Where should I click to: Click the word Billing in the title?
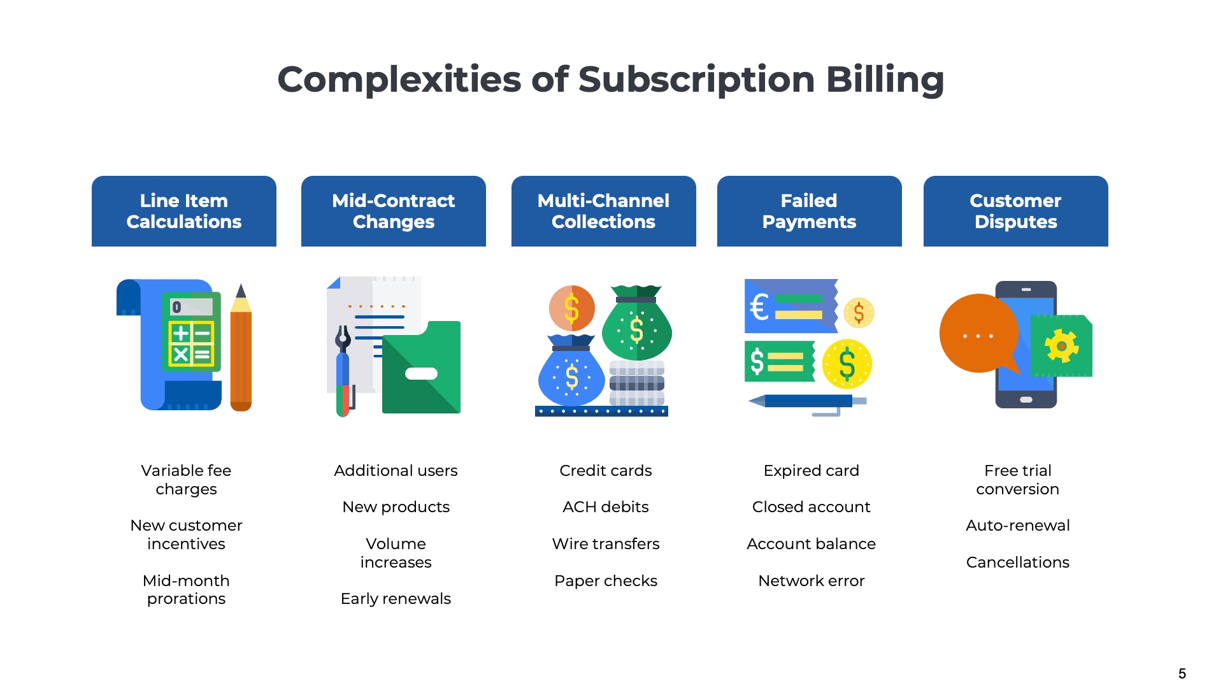884,80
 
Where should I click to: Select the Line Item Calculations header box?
184,211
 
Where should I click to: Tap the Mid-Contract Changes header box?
393,211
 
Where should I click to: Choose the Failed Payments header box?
809,211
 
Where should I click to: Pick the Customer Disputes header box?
1015,211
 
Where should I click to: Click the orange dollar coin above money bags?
572,308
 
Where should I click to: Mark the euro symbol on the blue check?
759,306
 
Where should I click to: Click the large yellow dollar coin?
847,364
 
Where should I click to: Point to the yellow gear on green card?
1061,346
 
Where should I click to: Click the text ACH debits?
605,507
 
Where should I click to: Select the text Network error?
811,581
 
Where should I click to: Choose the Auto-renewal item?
1017,526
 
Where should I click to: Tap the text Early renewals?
396,599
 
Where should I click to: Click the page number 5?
1182,674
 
